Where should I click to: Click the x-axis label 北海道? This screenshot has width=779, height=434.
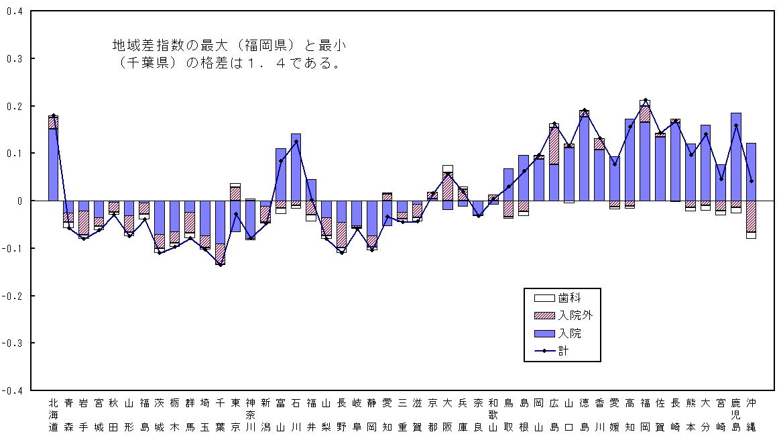(54, 415)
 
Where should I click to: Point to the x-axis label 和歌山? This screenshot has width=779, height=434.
(493, 415)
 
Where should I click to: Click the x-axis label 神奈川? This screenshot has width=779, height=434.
(250, 415)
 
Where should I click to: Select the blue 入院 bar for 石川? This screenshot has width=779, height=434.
(296, 168)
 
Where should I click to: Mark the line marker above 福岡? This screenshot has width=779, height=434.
(645, 101)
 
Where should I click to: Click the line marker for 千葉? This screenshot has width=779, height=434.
(220, 265)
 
